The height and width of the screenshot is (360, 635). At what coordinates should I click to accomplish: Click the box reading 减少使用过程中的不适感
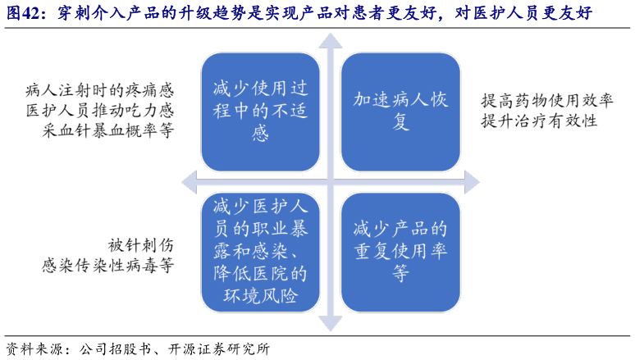click(x=260, y=111)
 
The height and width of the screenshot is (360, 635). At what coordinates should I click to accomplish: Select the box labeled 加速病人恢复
click(x=400, y=111)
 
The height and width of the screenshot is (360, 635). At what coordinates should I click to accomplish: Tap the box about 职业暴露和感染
click(x=260, y=250)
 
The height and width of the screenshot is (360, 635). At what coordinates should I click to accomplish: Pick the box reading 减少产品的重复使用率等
click(x=400, y=250)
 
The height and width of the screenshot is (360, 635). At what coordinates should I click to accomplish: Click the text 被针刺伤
click(x=141, y=244)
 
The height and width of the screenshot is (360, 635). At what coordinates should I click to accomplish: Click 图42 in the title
click(x=24, y=14)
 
